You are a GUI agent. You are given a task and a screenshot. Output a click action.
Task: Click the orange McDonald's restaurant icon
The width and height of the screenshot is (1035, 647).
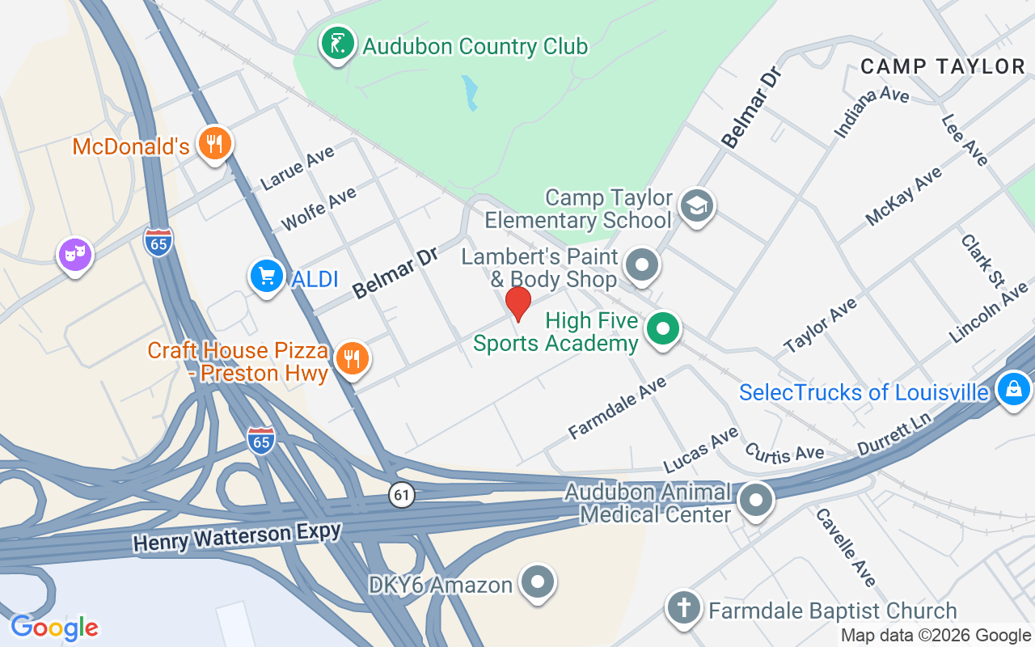tap(213, 144)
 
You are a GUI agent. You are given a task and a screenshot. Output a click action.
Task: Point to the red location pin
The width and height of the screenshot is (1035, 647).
tap(518, 304)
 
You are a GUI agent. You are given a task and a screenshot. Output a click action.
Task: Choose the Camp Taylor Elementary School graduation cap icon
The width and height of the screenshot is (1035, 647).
tap(695, 206)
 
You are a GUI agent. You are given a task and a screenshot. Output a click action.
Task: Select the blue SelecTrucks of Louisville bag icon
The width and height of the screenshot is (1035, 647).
tap(1013, 390)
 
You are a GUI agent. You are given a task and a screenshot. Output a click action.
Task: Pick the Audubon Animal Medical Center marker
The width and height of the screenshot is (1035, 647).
tap(756, 500)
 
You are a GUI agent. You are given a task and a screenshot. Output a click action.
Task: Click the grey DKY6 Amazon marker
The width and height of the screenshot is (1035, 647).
tap(538, 582)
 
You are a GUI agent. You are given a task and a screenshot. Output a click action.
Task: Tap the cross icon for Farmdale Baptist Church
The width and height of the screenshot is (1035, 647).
tap(683, 608)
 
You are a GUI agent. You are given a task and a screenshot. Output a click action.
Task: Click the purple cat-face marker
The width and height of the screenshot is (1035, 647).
tap(74, 255)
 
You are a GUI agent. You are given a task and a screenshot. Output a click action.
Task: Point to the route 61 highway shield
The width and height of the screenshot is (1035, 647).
tap(401, 494)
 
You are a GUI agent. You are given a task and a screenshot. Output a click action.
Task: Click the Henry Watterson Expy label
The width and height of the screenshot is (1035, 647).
tap(237, 535)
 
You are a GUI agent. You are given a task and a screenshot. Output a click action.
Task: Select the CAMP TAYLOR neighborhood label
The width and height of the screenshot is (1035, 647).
tap(942, 66)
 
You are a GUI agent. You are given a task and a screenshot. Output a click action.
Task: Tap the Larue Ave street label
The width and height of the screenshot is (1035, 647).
tap(298, 167)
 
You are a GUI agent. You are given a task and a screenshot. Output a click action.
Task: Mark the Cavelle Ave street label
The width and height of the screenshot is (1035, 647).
tap(846, 547)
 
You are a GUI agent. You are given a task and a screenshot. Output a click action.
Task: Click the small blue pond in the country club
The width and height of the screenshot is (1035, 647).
tap(469, 93)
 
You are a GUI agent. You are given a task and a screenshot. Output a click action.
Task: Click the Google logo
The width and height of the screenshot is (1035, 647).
tap(54, 628)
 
